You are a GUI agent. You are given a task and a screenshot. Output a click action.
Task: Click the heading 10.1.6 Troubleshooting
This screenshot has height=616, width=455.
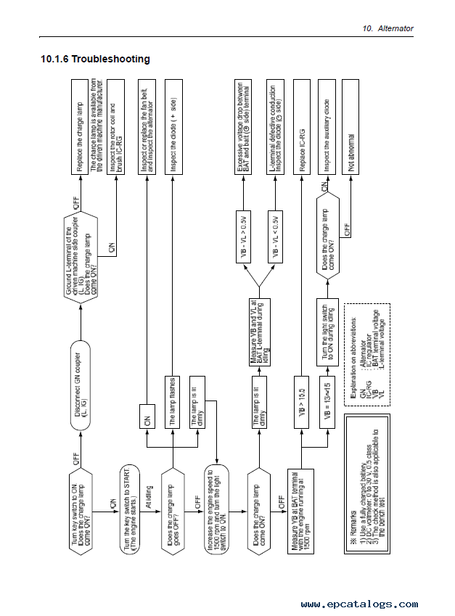click(x=95, y=59)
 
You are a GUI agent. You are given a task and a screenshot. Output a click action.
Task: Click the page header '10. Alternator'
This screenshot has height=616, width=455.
click(x=388, y=28)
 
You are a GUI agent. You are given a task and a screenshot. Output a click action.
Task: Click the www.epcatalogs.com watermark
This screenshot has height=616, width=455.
click(x=358, y=604)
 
